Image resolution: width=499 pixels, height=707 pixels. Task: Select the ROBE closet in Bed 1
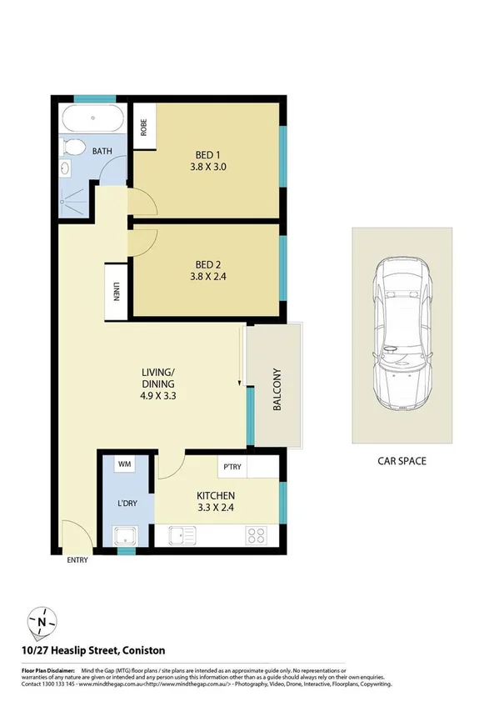pyautogui.click(x=144, y=127)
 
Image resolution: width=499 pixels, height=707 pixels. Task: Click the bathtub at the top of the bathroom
pyautogui.click(x=92, y=120)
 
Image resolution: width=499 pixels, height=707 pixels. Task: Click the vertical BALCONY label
pyautogui.click(x=277, y=390)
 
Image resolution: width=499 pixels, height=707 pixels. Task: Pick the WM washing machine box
pyautogui.click(x=126, y=463)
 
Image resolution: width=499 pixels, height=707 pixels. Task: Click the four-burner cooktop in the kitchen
pyautogui.click(x=257, y=534)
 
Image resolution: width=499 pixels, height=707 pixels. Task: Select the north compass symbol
pyautogui.click(x=42, y=620)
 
